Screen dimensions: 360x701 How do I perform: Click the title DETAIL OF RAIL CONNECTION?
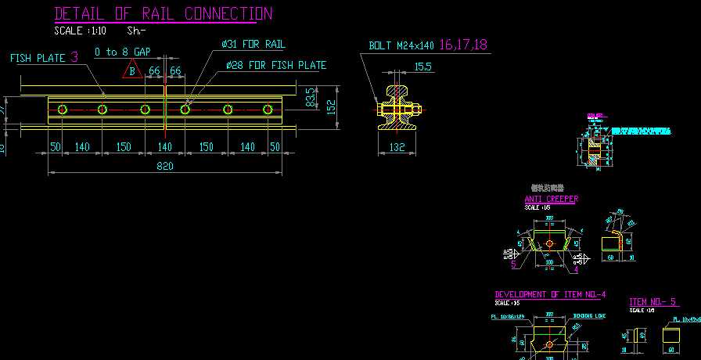tap(164, 14)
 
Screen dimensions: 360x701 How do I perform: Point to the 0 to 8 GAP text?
tap(122, 52)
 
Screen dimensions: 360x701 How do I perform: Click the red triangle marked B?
tap(132, 71)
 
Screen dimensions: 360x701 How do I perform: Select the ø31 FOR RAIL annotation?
tap(253, 44)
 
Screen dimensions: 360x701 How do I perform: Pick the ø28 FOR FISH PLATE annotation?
tap(275, 65)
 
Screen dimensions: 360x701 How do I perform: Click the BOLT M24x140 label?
tap(402, 45)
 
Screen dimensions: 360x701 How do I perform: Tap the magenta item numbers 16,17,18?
tap(463, 45)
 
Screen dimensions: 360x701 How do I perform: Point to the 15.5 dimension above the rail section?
tap(422, 67)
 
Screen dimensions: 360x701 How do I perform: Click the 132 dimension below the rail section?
tap(397, 146)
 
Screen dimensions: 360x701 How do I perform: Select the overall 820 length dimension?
tap(164, 166)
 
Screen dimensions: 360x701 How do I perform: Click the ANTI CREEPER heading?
tap(551, 199)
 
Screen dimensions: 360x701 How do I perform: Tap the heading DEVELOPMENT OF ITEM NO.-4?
tap(550, 294)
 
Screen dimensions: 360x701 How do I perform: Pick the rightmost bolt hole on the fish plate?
tap(267, 109)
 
